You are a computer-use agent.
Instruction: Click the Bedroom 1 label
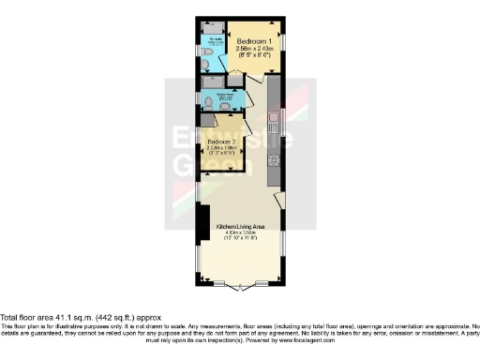pos(254,42)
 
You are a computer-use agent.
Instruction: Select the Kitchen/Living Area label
pos(239,227)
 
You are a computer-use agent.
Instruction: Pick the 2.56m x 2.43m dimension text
pos(254,50)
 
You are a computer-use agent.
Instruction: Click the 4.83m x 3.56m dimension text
pos(239,233)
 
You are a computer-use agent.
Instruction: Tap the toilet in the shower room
pos(210,103)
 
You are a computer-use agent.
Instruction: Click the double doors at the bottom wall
pos(240,283)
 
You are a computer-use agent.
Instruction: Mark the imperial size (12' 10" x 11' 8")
pos(239,240)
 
